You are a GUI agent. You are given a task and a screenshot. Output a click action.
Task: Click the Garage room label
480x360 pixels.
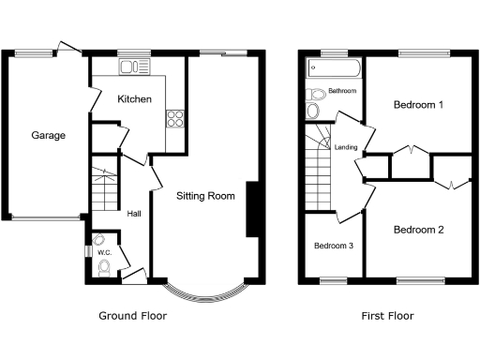(49, 136)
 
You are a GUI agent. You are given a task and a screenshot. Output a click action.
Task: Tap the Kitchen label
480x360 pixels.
(134, 98)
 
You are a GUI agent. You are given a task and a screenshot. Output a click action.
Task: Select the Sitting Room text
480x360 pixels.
(205, 196)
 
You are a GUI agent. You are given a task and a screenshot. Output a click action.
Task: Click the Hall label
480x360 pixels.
(134, 213)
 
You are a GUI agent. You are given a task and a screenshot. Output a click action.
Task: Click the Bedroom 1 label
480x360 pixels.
(418, 105)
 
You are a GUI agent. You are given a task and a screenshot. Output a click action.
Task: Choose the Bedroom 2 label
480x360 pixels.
(418, 230)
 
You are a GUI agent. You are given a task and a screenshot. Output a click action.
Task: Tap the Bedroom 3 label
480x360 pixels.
(334, 246)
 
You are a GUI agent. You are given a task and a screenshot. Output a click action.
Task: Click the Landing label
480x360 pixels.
(345, 146)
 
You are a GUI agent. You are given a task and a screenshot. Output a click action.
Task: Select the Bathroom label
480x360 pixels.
(342, 91)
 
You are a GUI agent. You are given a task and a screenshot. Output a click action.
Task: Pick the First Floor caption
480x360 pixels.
(387, 316)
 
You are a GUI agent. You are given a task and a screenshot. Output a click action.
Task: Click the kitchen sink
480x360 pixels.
(135, 67)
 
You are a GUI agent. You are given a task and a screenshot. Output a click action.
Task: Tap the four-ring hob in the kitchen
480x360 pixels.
(174, 118)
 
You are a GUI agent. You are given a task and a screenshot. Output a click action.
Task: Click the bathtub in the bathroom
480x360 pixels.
(335, 68)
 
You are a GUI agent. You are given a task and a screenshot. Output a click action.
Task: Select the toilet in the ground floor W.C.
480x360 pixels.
(105, 270)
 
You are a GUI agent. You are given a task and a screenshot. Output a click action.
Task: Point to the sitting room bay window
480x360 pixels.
(207, 292)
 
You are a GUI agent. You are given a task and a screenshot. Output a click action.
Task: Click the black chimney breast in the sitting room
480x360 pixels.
(252, 208)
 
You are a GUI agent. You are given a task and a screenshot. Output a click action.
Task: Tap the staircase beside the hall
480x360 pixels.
(106, 192)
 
